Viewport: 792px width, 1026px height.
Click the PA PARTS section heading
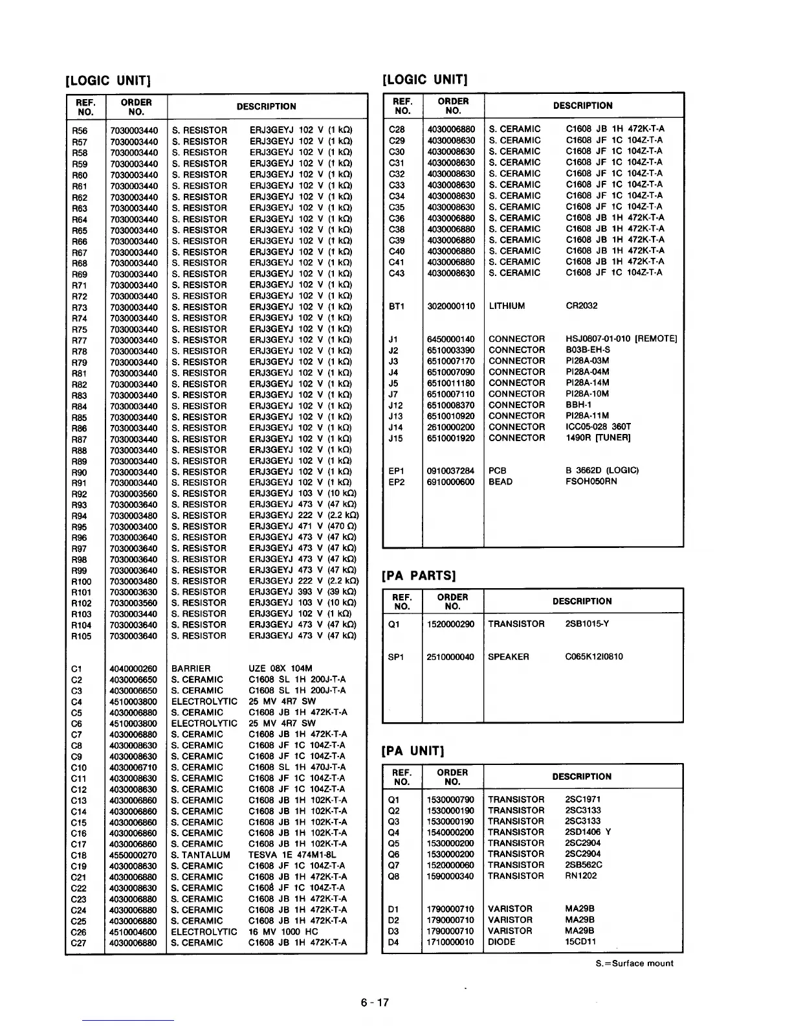419,575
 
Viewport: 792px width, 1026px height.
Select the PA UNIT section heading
415,751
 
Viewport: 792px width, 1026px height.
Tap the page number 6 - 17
375,1003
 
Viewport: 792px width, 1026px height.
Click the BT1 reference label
397,306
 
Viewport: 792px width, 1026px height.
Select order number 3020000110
451,306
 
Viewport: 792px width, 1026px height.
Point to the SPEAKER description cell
509,657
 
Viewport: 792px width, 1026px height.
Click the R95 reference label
80,527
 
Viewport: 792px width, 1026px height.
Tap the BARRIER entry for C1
191,668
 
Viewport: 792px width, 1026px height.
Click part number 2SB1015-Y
587,624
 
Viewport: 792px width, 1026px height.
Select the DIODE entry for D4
501,942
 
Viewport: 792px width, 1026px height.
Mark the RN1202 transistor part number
581,876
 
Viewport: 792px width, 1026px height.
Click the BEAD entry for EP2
501,482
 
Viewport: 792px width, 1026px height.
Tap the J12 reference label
395,405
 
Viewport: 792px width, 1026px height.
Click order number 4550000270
133,855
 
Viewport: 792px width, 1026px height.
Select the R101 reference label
82,592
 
